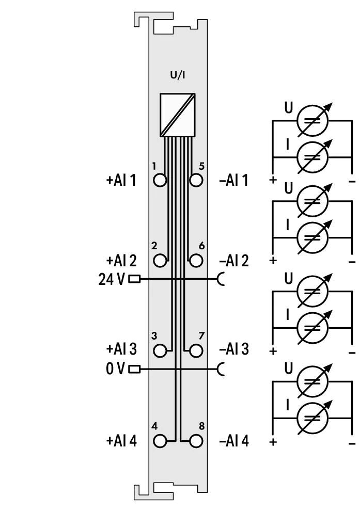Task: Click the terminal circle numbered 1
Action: [160, 180]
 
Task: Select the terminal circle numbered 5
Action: [196, 180]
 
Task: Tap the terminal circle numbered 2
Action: [160, 261]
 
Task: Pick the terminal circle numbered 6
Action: [196, 261]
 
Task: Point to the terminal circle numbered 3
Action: [160, 350]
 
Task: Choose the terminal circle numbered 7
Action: [196, 350]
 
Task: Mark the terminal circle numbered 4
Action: [160, 441]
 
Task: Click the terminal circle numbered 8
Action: [196, 441]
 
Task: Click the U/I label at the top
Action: [178, 75]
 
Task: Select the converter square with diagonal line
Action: [178, 115]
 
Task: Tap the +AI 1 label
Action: [121, 180]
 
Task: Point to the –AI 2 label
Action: [234, 261]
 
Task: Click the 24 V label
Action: [112, 279]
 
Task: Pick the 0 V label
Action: [115, 370]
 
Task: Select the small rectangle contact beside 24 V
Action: [135, 279]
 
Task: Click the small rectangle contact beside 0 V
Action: [135, 370]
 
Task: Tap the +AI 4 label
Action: [121, 441]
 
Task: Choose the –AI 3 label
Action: [234, 349]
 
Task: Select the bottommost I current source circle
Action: [312, 418]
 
